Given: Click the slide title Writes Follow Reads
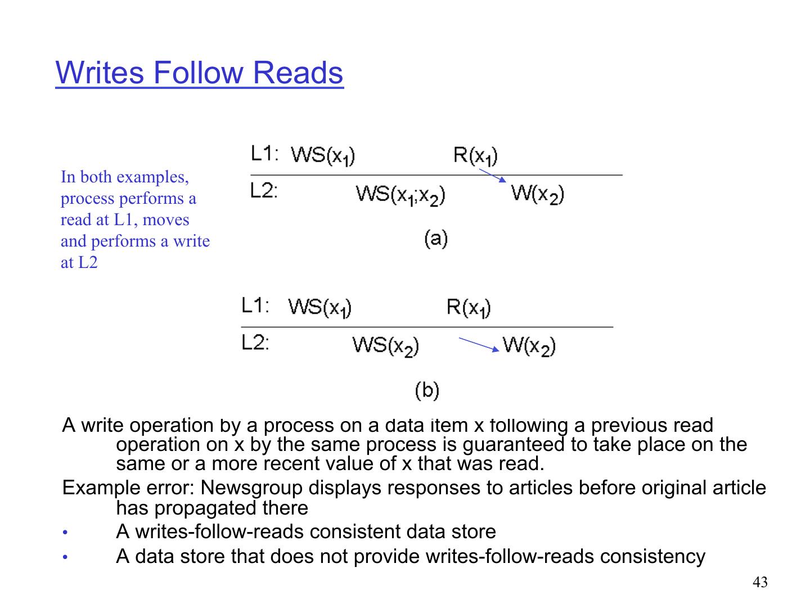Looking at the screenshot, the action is click(x=199, y=73).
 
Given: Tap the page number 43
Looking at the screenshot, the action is click(x=759, y=583).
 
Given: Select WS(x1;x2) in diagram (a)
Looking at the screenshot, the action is click(x=400, y=195).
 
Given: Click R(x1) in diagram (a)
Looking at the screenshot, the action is click(x=475, y=155).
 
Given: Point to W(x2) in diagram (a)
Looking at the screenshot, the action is click(x=537, y=194).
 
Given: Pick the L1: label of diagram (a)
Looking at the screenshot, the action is click(x=264, y=154).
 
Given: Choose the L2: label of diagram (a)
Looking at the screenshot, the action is click(x=264, y=191).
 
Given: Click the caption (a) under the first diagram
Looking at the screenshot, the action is click(x=435, y=238).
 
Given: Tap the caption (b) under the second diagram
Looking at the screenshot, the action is click(x=427, y=390).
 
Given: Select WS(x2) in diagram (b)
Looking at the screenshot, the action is click(x=386, y=345).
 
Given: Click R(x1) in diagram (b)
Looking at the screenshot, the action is click(x=469, y=307).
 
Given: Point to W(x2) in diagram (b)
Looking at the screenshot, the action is click(x=529, y=345).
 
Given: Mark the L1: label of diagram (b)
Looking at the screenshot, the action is click(x=255, y=306).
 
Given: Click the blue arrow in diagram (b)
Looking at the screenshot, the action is click(x=479, y=344).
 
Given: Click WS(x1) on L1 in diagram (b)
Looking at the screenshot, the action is click(x=320, y=307).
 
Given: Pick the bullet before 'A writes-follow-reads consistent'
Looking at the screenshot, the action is click(x=65, y=533).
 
